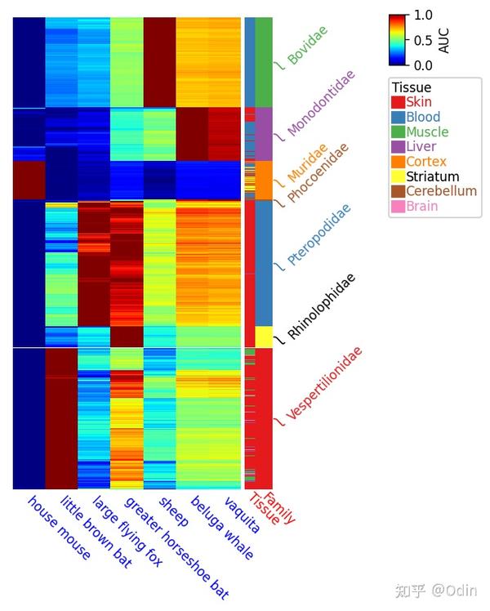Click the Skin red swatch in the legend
[x=398, y=103]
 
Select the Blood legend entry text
[x=423, y=118]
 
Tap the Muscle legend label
[x=427, y=132]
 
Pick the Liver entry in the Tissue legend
[x=421, y=147]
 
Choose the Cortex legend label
[x=426, y=162]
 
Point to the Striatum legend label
[x=432, y=176]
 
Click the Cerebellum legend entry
[x=441, y=191]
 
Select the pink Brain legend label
[x=421, y=206]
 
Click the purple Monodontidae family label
[x=322, y=103]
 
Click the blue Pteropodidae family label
[x=319, y=234]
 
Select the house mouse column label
[x=59, y=527]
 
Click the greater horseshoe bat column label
[x=170, y=546]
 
